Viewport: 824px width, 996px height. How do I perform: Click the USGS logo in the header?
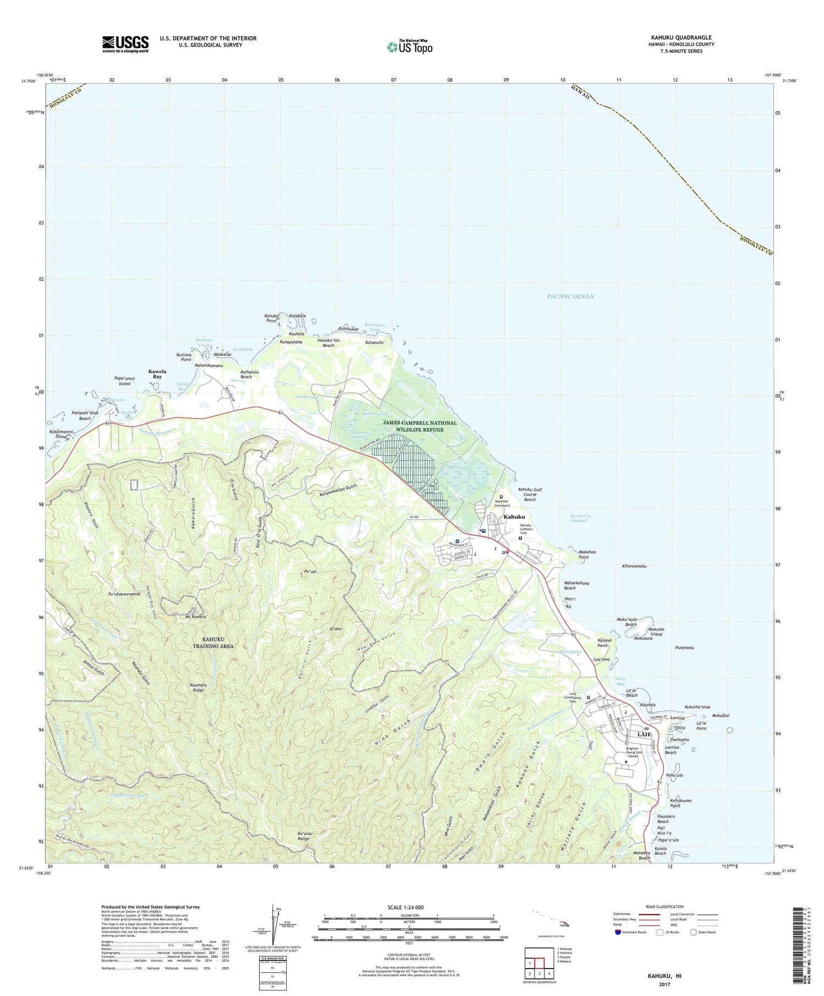pos(125,44)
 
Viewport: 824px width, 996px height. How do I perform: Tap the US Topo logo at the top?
pos(409,47)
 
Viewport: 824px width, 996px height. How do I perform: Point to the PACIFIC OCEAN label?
pos(570,297)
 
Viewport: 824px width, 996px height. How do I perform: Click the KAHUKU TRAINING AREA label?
pos(210,642)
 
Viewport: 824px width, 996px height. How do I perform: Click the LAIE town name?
pos(644,735)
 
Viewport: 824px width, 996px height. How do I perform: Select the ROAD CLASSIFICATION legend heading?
pos(665,906)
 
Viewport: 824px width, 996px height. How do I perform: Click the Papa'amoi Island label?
pos(125,381)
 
